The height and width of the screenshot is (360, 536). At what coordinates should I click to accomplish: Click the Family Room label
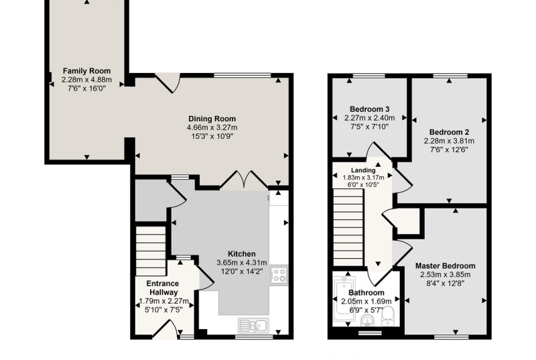[87, 71]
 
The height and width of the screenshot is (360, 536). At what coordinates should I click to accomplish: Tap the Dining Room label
[212, 119]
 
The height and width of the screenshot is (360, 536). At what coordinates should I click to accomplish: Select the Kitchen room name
[242, 253]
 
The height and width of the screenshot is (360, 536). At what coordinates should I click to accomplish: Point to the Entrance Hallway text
[163, 288]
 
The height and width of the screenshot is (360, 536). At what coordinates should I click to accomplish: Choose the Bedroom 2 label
[449, 132]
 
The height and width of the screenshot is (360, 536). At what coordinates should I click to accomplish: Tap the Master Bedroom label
[445, 265]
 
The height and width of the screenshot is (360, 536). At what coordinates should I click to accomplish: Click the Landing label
[363, 170]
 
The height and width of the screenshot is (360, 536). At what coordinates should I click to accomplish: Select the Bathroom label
[366, 293]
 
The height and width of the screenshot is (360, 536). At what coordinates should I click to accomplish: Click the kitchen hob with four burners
[279, 276]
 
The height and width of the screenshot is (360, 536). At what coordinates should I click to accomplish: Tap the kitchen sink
[254, 325]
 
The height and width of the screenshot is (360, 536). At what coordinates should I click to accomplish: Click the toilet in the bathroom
[388, 316]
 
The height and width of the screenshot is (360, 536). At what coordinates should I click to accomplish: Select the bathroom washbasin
[367, 320]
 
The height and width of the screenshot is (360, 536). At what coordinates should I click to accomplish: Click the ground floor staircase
[151, 251]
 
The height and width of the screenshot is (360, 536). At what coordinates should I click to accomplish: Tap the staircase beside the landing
[348, 227]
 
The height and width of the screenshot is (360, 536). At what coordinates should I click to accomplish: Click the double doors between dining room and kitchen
[244, 178]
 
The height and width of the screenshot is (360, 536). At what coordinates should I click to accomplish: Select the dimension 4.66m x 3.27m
[212, 127]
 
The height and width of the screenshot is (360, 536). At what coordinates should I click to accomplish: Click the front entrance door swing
[165, 328]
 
